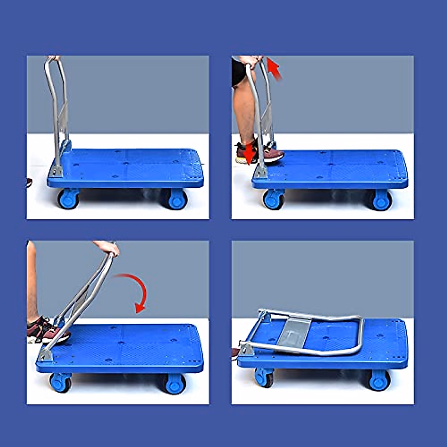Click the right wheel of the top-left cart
coord(176,199)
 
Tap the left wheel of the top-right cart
coord(274,199)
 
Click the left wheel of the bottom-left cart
coord(60,382)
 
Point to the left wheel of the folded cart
coord(264,377)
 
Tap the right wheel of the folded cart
coord(379,380)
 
